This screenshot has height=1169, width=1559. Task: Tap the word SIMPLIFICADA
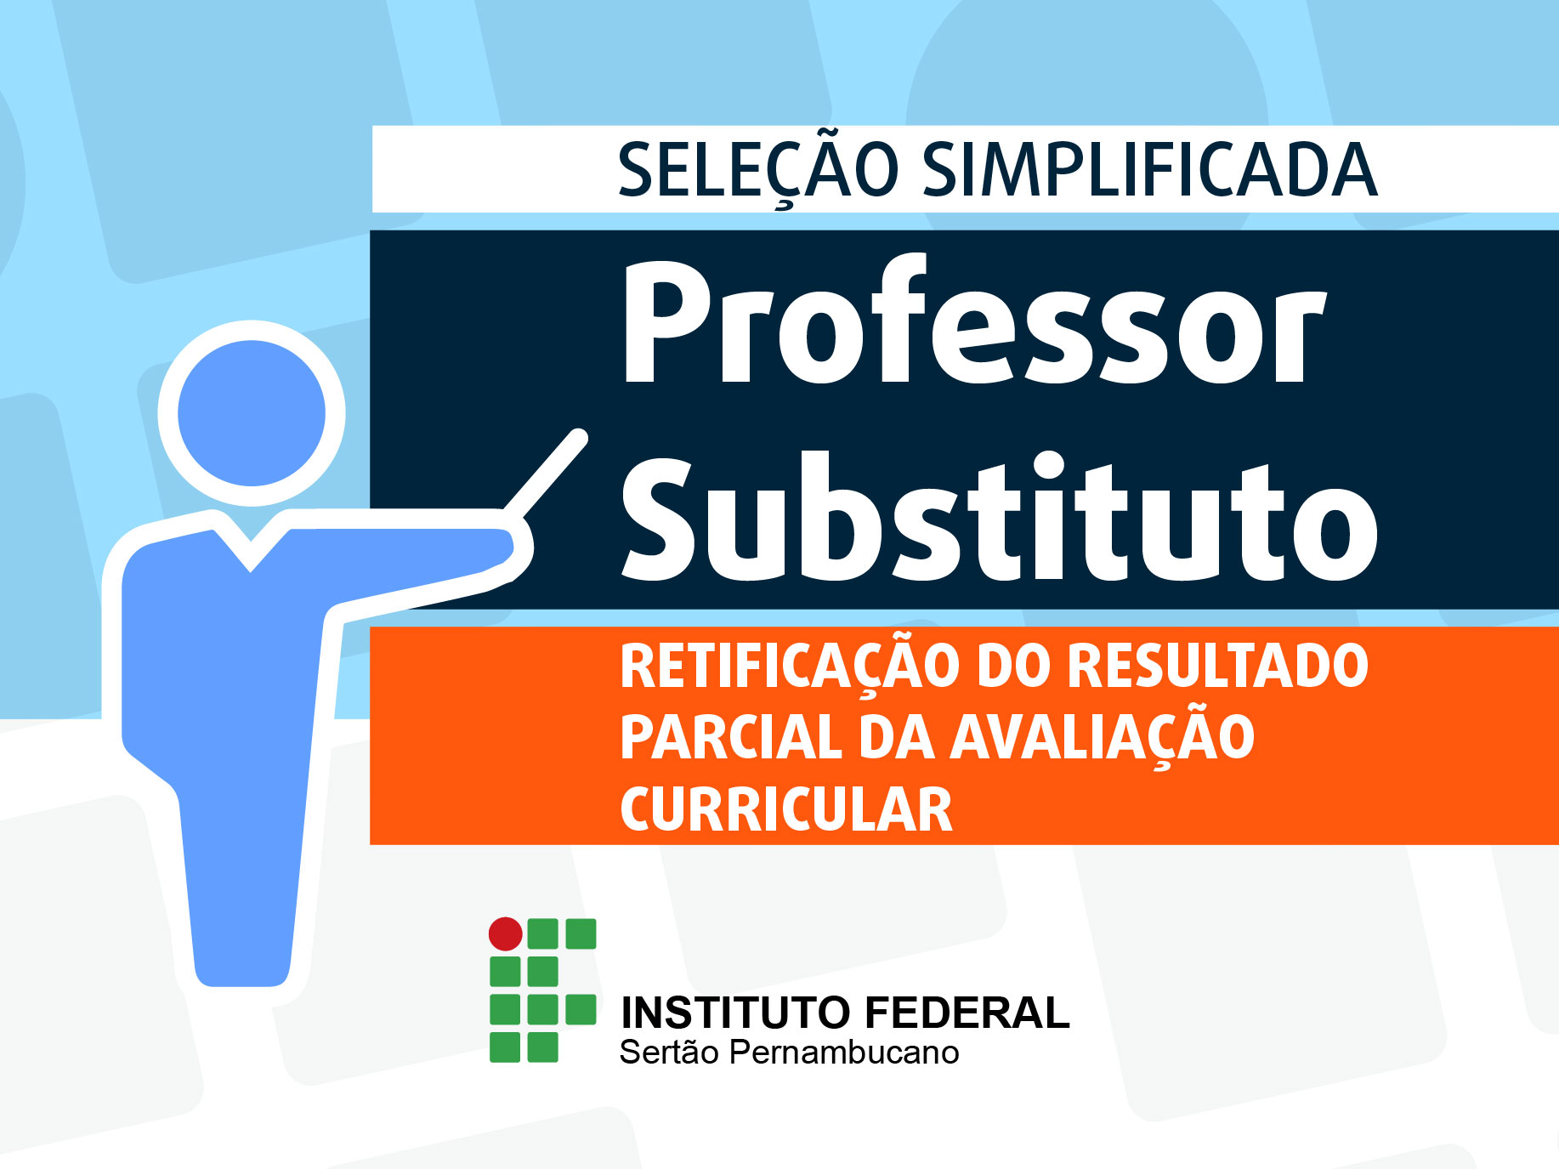tap(1149, 169)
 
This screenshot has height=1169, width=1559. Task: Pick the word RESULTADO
tap(1217, 666)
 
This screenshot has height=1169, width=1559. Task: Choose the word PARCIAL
tap(730, 737)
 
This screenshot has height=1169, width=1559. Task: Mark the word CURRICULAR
tap(786, 809)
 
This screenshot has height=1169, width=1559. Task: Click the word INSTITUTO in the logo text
tap(735, 1013)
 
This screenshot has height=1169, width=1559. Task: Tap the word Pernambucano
tap(844, 1053)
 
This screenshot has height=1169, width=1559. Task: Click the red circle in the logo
tap(505, 934)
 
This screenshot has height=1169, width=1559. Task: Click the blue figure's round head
tap(252, 413)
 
